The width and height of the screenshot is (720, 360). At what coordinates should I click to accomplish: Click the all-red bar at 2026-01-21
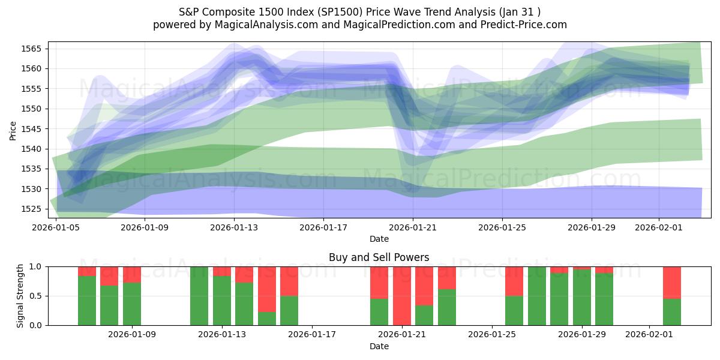tap(402, 296)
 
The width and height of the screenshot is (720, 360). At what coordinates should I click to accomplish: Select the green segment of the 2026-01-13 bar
tap(222, 301)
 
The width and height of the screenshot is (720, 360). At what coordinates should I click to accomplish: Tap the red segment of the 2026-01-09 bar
tap(132, 274)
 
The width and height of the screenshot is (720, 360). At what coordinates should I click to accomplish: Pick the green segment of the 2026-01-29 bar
tap(582, 298)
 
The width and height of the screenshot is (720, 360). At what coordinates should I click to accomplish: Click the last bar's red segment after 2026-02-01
tap(672, 282)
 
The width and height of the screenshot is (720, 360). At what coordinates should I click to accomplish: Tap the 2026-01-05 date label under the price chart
tap(56, 228)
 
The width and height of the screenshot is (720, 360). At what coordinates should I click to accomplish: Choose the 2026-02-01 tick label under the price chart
tap(659, 228)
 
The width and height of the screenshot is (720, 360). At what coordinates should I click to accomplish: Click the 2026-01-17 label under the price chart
tap(323, 228)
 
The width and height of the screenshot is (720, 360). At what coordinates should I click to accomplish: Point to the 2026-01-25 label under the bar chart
tap(492, 335)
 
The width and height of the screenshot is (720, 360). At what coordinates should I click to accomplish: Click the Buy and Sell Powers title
tap(379, 257)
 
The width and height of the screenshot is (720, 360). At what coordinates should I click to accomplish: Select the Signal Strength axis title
tap(21, 296)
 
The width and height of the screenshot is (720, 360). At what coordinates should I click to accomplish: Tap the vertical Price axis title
tap(13, 130)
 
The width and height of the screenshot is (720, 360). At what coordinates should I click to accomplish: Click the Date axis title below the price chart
tap(379, 239)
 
